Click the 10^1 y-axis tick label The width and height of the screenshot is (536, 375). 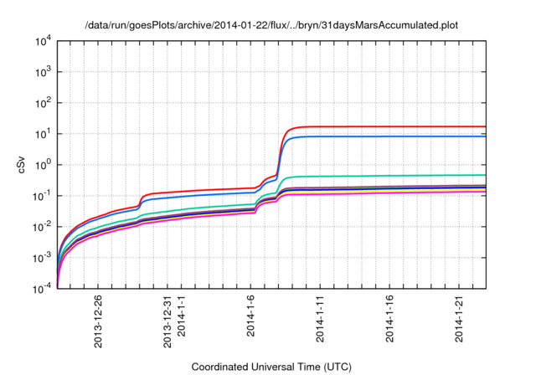(x=44, y=134)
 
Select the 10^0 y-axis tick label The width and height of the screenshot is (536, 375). (x=44, y=165)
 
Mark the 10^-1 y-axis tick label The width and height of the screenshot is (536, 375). (x=43, y=196)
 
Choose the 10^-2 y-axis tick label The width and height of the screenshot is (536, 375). (x=43, y=227)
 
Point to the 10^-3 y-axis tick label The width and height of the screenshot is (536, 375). (x=43, y=258)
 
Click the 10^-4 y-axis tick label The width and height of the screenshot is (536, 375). (x=43, y=289)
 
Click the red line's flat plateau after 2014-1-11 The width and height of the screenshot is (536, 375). (x=394, y=126)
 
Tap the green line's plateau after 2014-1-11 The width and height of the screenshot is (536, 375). (x=394, y=176)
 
